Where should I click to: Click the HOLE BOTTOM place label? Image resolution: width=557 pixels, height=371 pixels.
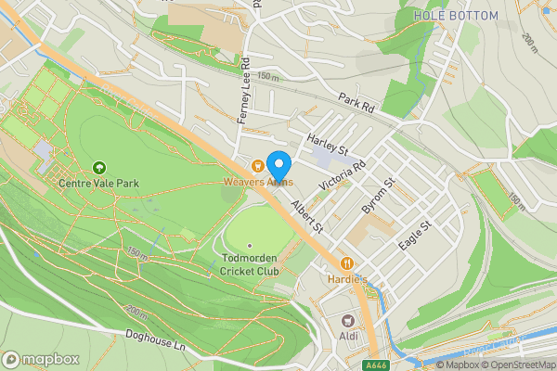pos(456,16)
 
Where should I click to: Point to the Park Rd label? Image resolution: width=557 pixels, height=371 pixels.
pos(355,102)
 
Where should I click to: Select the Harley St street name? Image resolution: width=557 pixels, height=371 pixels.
pos(327,145)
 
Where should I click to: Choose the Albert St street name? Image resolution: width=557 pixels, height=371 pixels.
pos(305,214)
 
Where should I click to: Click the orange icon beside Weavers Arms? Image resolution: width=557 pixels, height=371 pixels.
pos(257,166)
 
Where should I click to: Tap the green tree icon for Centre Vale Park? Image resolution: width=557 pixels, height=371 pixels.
pos(99,167)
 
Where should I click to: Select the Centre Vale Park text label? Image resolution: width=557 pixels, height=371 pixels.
pos(98,184)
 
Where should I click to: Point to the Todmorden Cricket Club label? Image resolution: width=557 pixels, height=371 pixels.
pos(250,264)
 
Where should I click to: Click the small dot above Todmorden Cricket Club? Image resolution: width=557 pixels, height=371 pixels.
pos(250,245)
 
